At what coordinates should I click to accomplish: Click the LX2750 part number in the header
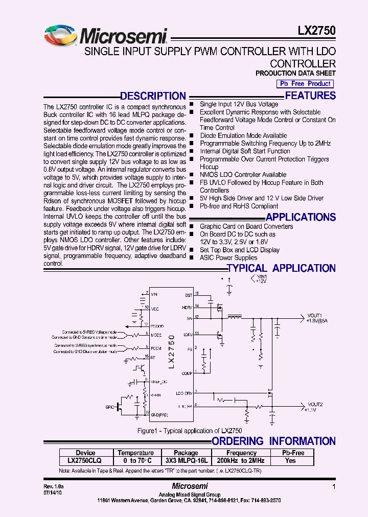click(x=316, y=30)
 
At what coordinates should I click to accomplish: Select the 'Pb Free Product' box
click(x=304, y=84)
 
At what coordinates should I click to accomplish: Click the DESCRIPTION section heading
click(x=152, y=96)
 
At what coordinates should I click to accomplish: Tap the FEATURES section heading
click(x=310, y=96)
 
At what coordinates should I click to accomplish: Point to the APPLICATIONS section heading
click(x=301, y=217)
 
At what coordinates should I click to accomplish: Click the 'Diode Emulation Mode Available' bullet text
click(x=243, y=135)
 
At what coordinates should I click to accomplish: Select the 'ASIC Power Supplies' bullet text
click(x=228, y=257)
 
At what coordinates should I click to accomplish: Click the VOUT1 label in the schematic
click(x=314, y=315)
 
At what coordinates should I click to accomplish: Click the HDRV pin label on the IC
click(x=187, y=307)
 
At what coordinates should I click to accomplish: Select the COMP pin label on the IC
click(x=187, y=373)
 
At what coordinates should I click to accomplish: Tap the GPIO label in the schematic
click(x=110, y=407)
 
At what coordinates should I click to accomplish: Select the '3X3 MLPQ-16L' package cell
click(x=186, y=460)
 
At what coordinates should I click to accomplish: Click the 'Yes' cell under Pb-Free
click(x=290, y=460)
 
